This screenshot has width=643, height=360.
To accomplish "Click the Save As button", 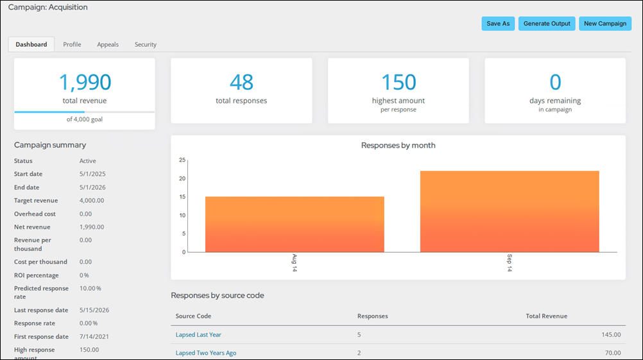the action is [x=498, y=23].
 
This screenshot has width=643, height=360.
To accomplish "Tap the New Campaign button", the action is [x=605, y=23].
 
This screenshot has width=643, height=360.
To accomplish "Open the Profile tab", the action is [x=72, y=44].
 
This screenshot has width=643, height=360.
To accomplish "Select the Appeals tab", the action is [x=108, y=44].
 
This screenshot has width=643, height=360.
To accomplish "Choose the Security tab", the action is [x=146, y=44].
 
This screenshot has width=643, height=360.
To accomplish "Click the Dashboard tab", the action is [x=31, y=44].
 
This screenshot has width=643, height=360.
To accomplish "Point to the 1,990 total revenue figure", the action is [x=85, y=82].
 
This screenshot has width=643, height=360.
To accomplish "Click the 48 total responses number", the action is [x=241, y=82].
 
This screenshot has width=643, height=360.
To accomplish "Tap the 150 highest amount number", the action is [x=399, y=82].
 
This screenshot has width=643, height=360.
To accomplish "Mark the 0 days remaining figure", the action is [x=555, y=82].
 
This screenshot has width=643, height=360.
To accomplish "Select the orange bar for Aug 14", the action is [x=295, y=225].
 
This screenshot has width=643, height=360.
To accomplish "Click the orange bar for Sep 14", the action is [x=510, y=212].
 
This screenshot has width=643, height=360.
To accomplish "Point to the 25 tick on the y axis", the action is [x=182, y=160].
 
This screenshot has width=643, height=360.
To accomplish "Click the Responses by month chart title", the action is [x=398, y=145].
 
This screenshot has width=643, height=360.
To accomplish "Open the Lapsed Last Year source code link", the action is [x=198, y=334].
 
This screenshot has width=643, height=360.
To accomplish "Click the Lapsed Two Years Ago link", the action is [x=206, y=352].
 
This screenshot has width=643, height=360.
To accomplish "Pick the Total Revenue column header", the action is [x=547, y=316].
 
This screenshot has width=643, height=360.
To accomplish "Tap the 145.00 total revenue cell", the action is [x=611, y=334].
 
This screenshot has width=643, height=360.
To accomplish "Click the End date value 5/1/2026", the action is [x=92, y=187].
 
